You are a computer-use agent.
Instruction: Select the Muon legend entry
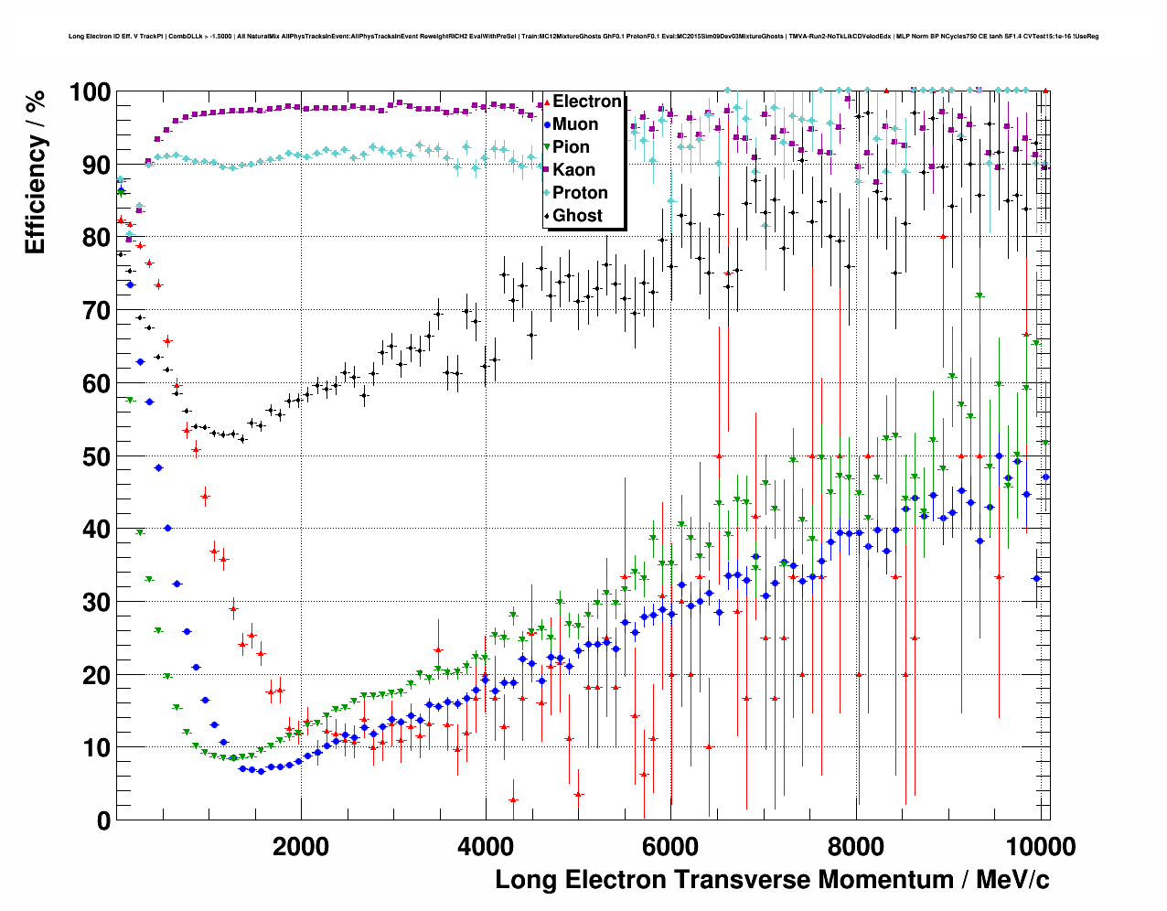[575, 124]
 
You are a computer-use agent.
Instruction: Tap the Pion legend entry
[572, 147]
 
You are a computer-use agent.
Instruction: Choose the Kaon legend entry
[573, 170]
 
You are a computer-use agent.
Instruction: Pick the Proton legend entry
[580, 193]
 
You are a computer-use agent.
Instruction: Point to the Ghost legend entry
[577, 216]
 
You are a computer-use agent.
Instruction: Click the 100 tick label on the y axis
[90, 92]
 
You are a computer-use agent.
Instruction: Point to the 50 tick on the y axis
[97, 456]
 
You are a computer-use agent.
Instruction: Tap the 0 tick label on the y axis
[103, 820]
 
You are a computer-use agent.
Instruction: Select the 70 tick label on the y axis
[97, 311]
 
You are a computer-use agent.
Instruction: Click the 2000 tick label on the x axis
[300, 846]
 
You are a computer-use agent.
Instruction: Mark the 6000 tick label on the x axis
[670, 846]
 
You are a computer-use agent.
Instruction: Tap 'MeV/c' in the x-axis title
[1012, 880]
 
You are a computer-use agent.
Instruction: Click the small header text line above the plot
[583, 37]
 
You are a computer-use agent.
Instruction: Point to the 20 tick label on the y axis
[97, 675]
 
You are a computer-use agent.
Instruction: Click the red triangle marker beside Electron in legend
[546, 102]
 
